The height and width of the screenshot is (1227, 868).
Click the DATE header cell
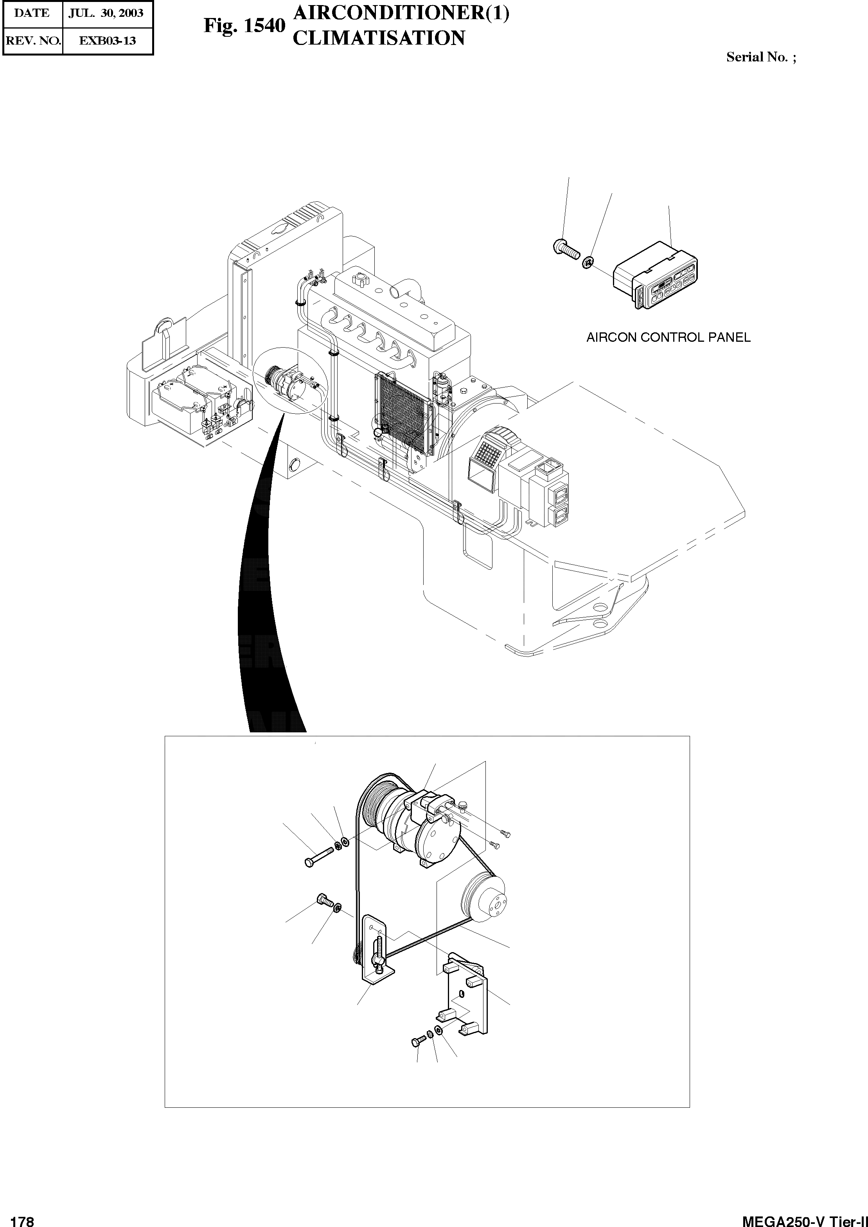click(x=32, y=13)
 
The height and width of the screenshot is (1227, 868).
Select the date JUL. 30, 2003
click(x=106, y=13)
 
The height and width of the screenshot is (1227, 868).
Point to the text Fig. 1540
click(x=244, y=26)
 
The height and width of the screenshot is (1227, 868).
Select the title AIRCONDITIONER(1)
click(x=401, y=13)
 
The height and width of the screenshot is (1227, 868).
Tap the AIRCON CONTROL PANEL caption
click(x=668, y=338)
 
